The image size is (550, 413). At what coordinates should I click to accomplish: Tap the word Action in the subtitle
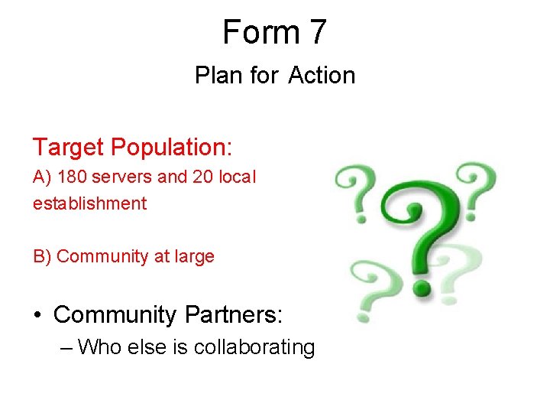[322, 76]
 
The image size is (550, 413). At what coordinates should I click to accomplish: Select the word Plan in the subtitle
[217, 76]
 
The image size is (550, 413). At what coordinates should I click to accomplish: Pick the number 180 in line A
[71, 177]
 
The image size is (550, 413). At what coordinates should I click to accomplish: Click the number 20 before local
[201, 177]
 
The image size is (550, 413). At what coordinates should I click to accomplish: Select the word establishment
[89, 203]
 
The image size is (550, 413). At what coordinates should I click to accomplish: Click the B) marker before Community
[43, 256]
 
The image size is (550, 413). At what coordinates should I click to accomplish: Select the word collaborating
[254, 348]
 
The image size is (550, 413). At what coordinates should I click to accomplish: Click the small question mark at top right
[479, 184]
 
